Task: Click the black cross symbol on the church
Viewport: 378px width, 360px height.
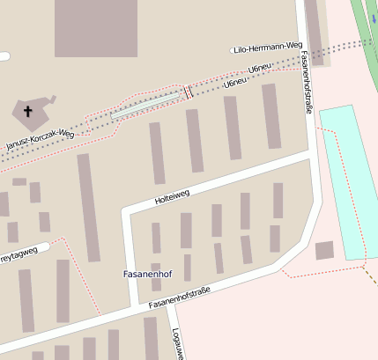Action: pos(27,112)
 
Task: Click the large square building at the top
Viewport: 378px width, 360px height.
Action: pos(96,28)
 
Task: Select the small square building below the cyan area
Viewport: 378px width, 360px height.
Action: pos(324,251)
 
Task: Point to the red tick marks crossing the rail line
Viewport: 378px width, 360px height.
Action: pos(188,92)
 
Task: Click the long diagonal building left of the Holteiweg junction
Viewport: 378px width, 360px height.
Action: pos(89,208)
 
